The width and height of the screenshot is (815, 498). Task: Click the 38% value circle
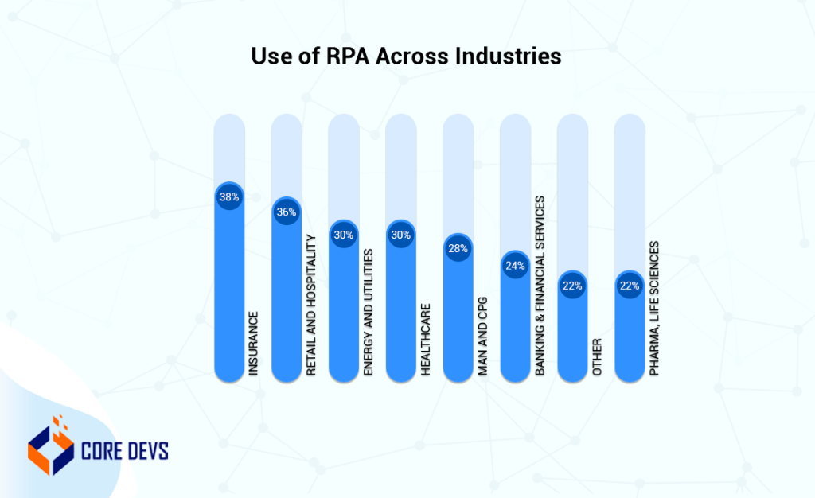[229, 196]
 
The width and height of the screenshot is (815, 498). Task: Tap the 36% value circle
[287, 212]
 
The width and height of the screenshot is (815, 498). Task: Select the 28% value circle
[458, 248]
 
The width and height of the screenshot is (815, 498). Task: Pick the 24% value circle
[516, 266]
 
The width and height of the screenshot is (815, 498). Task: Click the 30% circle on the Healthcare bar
[401, 235]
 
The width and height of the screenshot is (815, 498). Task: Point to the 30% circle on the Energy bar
[344, 235]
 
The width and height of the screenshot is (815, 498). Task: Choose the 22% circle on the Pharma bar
[630, 286]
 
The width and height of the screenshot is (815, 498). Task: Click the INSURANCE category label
[254, 343]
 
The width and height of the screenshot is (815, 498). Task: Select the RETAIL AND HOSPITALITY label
[311, 305]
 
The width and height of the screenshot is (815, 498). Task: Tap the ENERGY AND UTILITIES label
[369, 312]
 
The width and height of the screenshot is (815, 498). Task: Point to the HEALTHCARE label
[426, 339]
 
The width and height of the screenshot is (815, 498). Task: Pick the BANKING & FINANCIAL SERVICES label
[540, 286]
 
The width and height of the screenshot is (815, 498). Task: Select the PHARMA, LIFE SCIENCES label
[655, 308]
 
